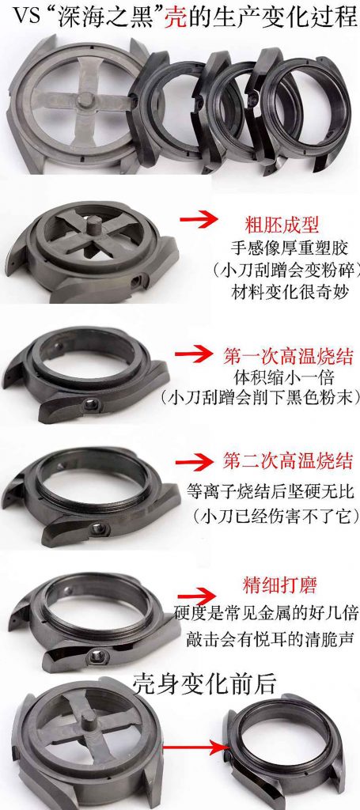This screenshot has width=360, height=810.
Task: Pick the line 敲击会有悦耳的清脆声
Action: click(265, 637)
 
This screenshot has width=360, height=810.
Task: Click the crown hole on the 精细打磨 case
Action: click(98, 654)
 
